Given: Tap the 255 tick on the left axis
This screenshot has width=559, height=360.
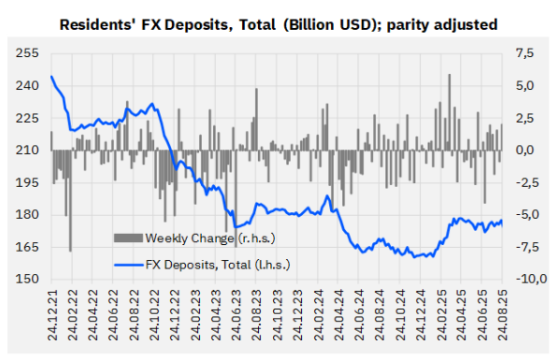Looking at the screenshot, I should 29,54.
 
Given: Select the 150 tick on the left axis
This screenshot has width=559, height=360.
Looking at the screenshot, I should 29,279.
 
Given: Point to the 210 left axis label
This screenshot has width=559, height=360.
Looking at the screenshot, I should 29,151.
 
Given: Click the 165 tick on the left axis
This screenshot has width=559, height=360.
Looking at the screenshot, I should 29,247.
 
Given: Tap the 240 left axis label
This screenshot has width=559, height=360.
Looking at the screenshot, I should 29,86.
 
